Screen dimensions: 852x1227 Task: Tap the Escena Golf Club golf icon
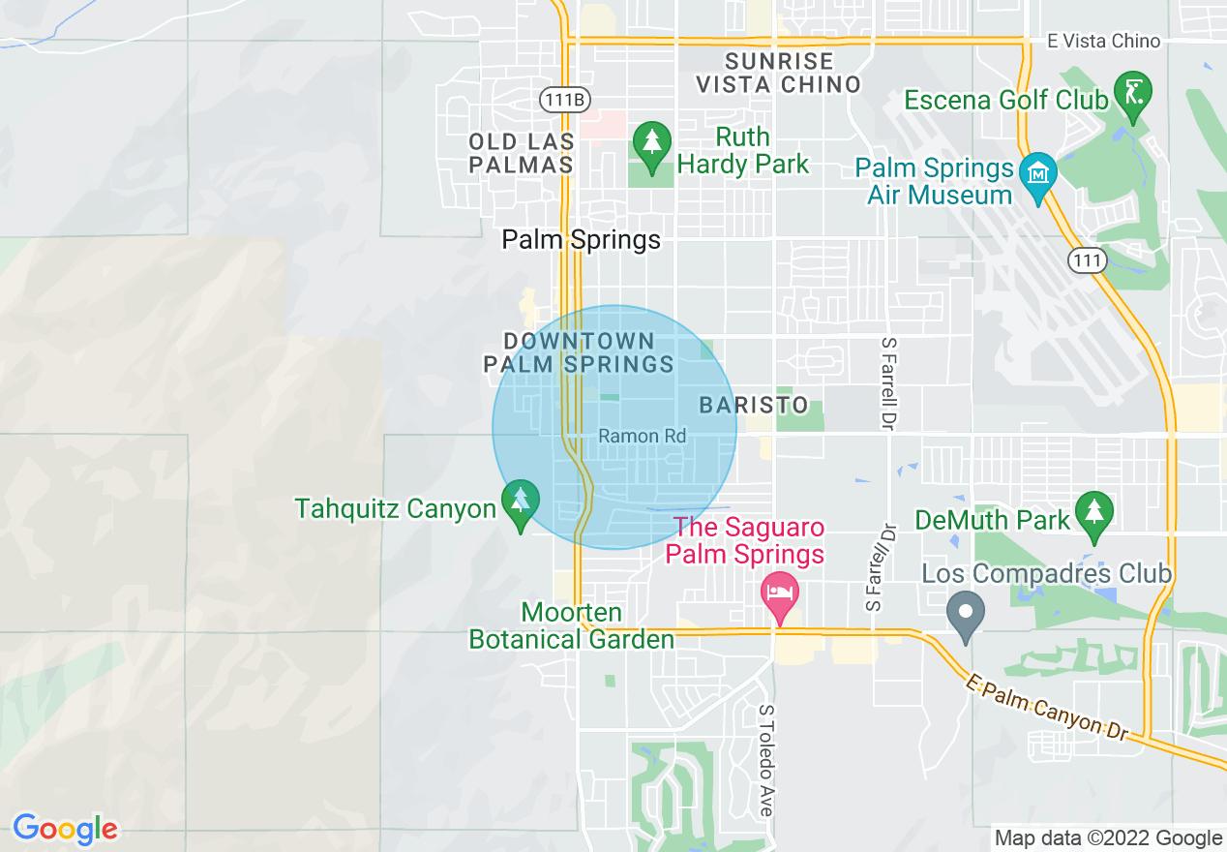[x=1132, y=94]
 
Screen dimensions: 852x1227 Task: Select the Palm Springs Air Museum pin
[x=1037, y=174]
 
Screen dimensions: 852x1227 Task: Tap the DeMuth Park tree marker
[x=1093, y=513]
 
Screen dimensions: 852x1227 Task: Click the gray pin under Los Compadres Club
[x=965, y=614]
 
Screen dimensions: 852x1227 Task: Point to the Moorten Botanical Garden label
[x=571, y=626]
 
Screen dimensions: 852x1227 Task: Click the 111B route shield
[x=565, y=100]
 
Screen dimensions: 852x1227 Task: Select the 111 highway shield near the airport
[x=1087, y=259]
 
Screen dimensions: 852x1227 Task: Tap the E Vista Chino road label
[x=1103, y=41]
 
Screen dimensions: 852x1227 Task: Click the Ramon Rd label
[x=643, y=437]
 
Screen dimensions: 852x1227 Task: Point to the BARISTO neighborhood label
[x=754, y=405]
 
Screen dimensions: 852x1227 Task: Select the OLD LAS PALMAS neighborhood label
[x=521, y=153]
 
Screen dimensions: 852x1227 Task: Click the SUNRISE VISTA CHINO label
[x=779, y=73]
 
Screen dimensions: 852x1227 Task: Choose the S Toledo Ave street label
[x=765, y=760]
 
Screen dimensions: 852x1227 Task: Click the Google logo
[x=65, y=829]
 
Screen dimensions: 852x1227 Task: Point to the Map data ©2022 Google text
[x=1109, y=838]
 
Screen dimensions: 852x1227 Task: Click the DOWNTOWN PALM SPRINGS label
[x=579, y=352]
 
